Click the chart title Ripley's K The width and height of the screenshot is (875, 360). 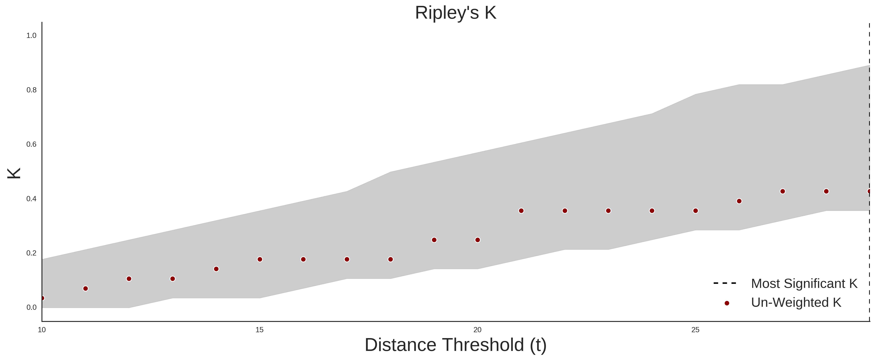pos(455,13)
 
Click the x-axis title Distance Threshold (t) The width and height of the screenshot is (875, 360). pos(455,345)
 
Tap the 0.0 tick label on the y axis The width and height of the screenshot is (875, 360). pos(31,307)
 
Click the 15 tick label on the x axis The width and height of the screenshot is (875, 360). pos(259,330)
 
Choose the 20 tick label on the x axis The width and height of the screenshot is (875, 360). pos(478,330)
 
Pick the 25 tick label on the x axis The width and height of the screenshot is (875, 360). pos(695,330)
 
